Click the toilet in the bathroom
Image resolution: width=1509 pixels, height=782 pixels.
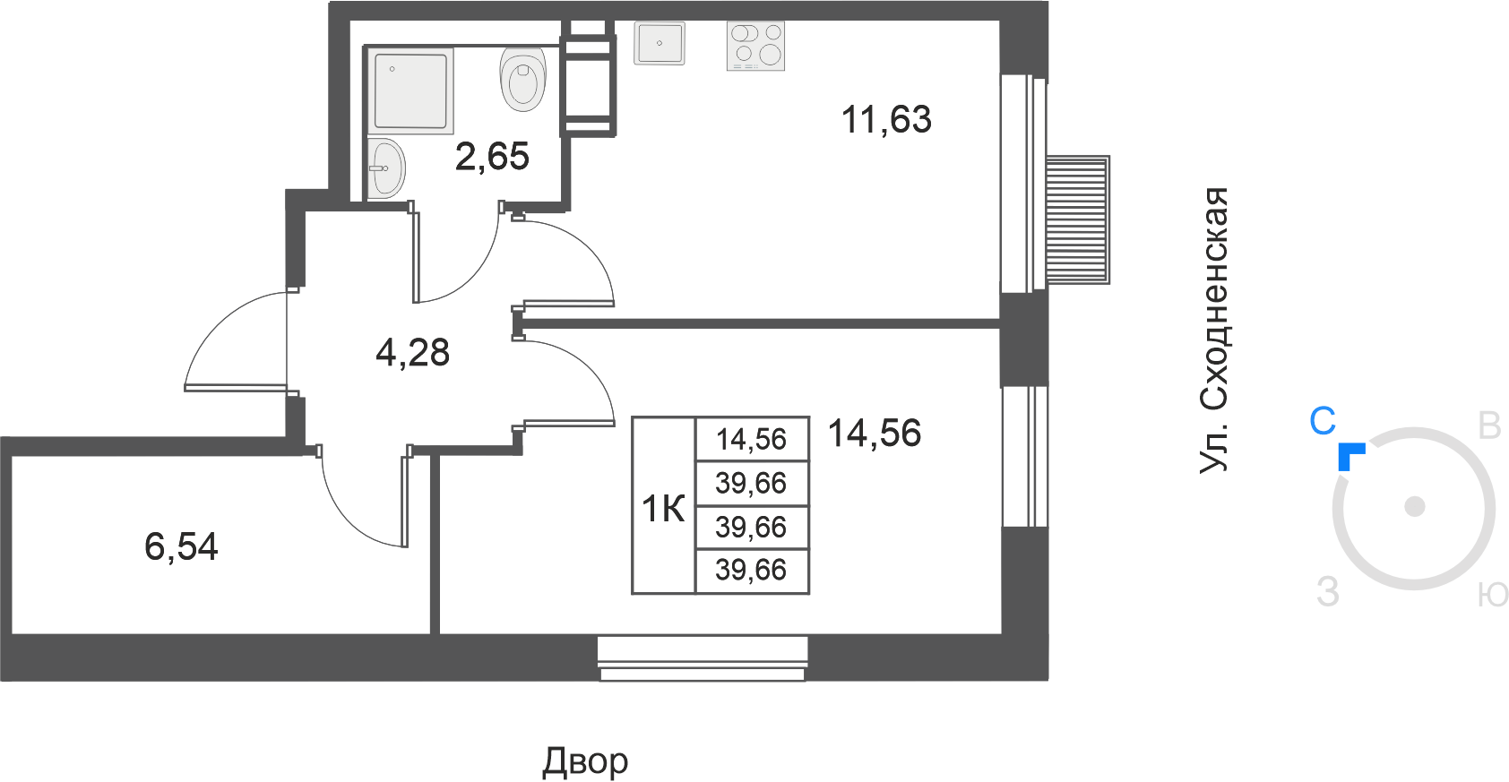[x=522, y=80]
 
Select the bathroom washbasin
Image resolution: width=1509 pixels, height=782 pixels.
[x=386, y=168]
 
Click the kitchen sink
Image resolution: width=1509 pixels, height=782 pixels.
[x=660, y=43]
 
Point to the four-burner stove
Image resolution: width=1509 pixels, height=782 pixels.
[x=756, y=46]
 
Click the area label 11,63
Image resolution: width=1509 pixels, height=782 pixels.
[x=886, y=120]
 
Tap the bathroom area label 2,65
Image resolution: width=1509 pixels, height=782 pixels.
[x=492, y=157]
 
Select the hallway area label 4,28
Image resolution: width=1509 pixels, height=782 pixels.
[x=412, y=352]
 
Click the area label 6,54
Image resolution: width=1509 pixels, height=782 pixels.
[x=181, y=546]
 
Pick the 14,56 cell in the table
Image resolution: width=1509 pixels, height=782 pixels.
[x=751, y=439]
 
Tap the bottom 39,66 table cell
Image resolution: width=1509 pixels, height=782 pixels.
[x=751, y=571]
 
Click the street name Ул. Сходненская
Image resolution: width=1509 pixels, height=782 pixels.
[x=1214, y=331]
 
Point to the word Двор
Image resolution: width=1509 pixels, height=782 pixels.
[x=585, y=761]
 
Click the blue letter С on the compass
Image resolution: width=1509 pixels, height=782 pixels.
[x=1323, y=422]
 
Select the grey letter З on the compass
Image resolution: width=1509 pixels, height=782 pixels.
[x=1328, y=593]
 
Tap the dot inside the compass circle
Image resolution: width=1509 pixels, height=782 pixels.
[x=1414, y=506]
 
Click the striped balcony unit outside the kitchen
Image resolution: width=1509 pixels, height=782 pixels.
[x=1077, y=219]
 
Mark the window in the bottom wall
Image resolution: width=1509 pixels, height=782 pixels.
[x=703, y=658]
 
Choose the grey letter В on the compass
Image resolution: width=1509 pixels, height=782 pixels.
[x=1489, y=425]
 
